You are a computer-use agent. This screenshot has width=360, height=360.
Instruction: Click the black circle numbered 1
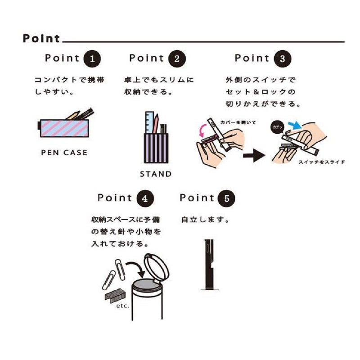tap(92, 58)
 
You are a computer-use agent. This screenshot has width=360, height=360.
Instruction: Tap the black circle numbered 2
tap(177, 58)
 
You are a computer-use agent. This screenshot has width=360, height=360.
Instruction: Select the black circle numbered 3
tap(283, 58)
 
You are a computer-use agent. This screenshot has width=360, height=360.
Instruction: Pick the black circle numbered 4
tap(145, 198)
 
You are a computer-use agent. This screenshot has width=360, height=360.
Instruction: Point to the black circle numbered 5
tap(227, 198)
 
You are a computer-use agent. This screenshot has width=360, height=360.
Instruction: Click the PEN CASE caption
tap(64, 153)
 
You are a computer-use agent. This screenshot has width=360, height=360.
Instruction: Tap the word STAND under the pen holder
tap(156, 174)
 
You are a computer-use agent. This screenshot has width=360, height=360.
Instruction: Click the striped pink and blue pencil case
tap(63, 128)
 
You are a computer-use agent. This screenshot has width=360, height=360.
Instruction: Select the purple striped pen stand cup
tap(156, 148)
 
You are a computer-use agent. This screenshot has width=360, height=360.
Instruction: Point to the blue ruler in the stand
tap(149, 122)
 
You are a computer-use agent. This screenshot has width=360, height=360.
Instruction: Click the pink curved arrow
tap(202, 130)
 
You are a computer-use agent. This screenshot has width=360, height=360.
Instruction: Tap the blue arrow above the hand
tap(295, 125)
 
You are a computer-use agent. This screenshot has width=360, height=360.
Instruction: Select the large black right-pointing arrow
tap(254, 156)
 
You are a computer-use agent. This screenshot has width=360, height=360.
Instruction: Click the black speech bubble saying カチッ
tap(278, 127)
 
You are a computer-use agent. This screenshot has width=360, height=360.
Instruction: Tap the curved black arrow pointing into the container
tap(136, 269)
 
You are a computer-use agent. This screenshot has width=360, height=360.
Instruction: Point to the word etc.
tap(122, 306)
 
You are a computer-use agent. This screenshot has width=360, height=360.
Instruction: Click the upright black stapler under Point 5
tap(209, 265)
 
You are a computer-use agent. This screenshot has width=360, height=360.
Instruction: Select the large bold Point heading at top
tap(41, 38)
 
